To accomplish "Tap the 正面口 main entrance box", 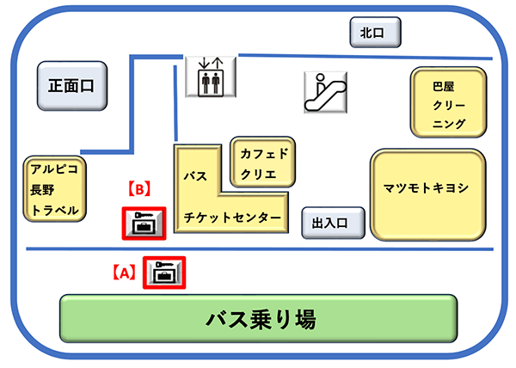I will pyautogui.click(x=71, y=85).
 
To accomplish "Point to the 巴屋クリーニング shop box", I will pyautogui.click(x=448, y=103).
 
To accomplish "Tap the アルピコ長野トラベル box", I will pyautogui.click(x=55, y=189).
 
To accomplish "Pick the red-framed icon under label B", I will pyautogui.click(x=140, y=224).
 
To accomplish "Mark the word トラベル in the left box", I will pyautogui.click(x=54, y=211).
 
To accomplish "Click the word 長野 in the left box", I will pyautogui.click(x=43, y=189).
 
